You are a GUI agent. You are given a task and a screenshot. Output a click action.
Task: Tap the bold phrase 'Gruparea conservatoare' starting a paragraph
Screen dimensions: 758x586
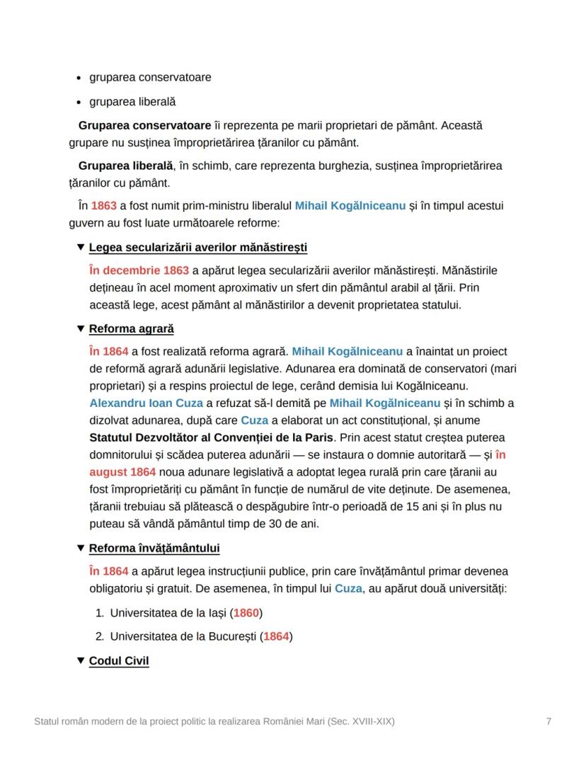pos(144,126)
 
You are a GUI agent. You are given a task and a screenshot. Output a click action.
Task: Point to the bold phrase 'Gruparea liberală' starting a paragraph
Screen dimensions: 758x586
pos(125,166)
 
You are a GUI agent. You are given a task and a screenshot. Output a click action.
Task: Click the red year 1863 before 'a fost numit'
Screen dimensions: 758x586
pos(104,206)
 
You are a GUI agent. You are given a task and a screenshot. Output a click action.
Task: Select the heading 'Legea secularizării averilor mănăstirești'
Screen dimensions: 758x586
pos(198,248)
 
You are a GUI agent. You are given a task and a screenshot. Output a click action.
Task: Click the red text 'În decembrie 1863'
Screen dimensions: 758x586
pos(139,271)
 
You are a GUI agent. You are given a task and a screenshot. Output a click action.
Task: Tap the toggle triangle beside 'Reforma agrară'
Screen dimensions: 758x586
pos(80,329)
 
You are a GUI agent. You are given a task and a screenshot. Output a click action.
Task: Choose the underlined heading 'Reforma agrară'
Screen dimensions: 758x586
pos(132,329)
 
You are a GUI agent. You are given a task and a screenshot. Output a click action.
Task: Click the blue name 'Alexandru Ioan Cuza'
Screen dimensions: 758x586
pos(146,403)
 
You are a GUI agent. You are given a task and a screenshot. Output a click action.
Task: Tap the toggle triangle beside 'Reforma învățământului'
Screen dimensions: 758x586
pos(80,549)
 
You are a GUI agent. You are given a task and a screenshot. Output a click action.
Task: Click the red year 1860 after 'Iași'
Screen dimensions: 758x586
pos(246,612)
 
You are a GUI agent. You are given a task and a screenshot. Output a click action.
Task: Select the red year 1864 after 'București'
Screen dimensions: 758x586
pos(276,636)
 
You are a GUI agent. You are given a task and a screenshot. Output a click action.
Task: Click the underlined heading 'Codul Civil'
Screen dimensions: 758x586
pos(119,662)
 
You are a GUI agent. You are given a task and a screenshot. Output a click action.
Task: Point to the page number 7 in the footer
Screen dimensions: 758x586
pos(548,722)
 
